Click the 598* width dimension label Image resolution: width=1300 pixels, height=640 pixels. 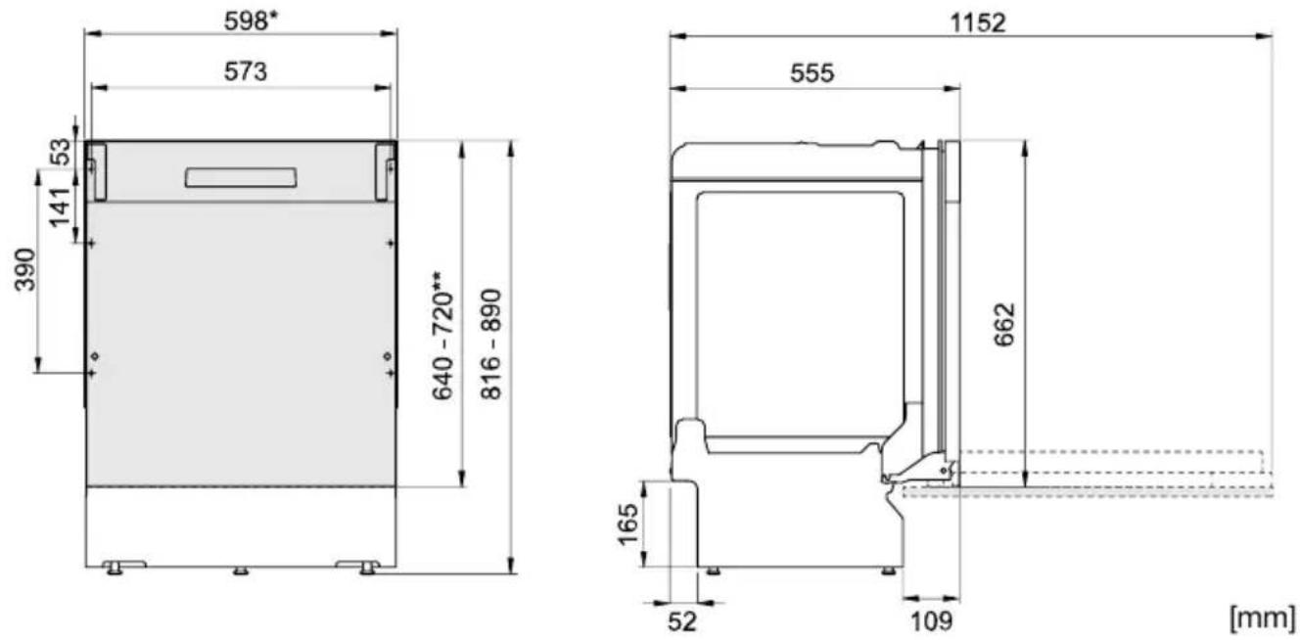[x=252, y=22]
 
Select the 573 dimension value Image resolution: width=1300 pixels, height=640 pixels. [x=246, y=72]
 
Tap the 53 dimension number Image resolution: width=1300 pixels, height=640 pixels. [x=62, y=152]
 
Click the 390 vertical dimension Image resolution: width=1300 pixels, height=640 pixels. [x=24, y=270]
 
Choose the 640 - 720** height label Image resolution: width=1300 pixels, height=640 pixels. [x=442, y=337]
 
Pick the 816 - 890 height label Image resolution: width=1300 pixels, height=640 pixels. [x=491, y=344]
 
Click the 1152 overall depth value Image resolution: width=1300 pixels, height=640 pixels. [x=977, y=23]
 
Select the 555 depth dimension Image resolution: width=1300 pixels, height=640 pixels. [x=812, y=73]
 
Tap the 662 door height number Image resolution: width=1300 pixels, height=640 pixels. [x=1004, y=324]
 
